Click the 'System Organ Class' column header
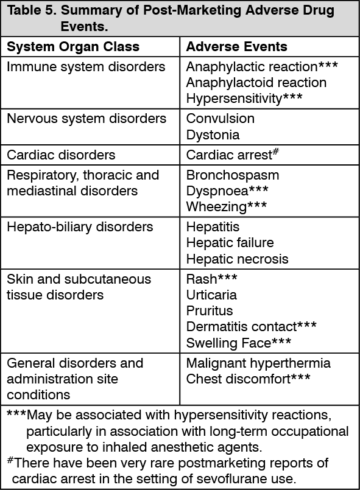[x=73, y=47]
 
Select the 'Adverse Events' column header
[x=237, y=47]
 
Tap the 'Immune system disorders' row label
[x=86, y=67]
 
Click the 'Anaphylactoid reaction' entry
[x=256, y=83]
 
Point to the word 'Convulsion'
[x=220, y=119]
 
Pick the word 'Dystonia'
[x=213, y=135]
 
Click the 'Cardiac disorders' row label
[x=61, y=155]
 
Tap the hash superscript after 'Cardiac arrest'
[x=275, y=152]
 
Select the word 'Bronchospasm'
[x=233, y=175]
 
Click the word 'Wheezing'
[x=216, y=207]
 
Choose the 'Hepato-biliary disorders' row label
[x=80, y=227]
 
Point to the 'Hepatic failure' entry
[x=230, y=243]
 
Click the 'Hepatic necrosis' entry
[x=237, y=259]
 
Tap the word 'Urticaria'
[x=211, y=295]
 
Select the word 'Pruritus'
[x=210, y=311]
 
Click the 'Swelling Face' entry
[x=228, y=343]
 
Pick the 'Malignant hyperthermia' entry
[x=258, y=363]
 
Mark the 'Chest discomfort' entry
[x=238, y=379]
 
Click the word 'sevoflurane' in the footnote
[x=227, y=479]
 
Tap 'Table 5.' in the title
[x=32, y=10]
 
